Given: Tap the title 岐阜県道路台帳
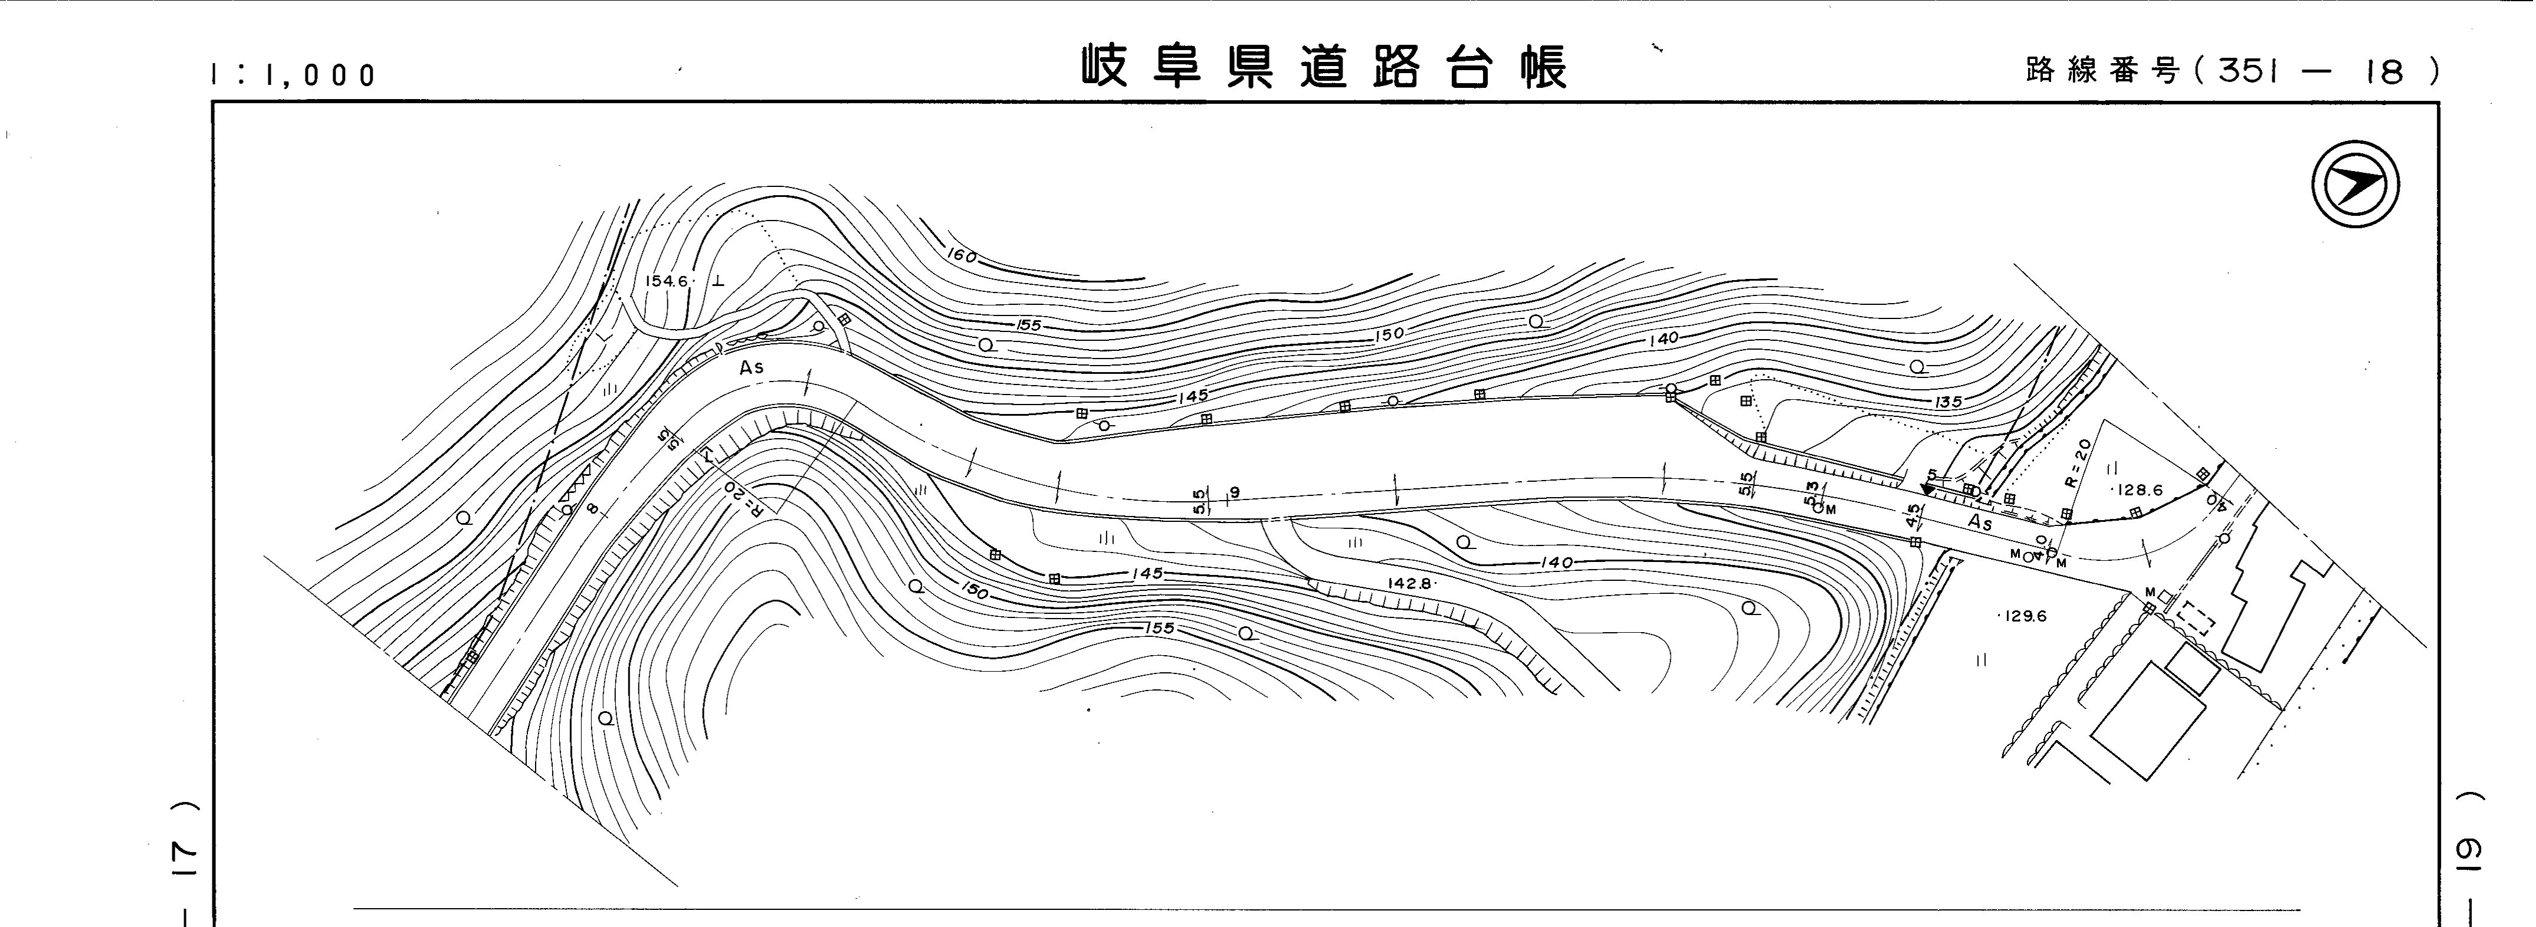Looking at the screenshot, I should point(1324,67).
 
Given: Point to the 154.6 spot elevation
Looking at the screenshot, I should point(667,281).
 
